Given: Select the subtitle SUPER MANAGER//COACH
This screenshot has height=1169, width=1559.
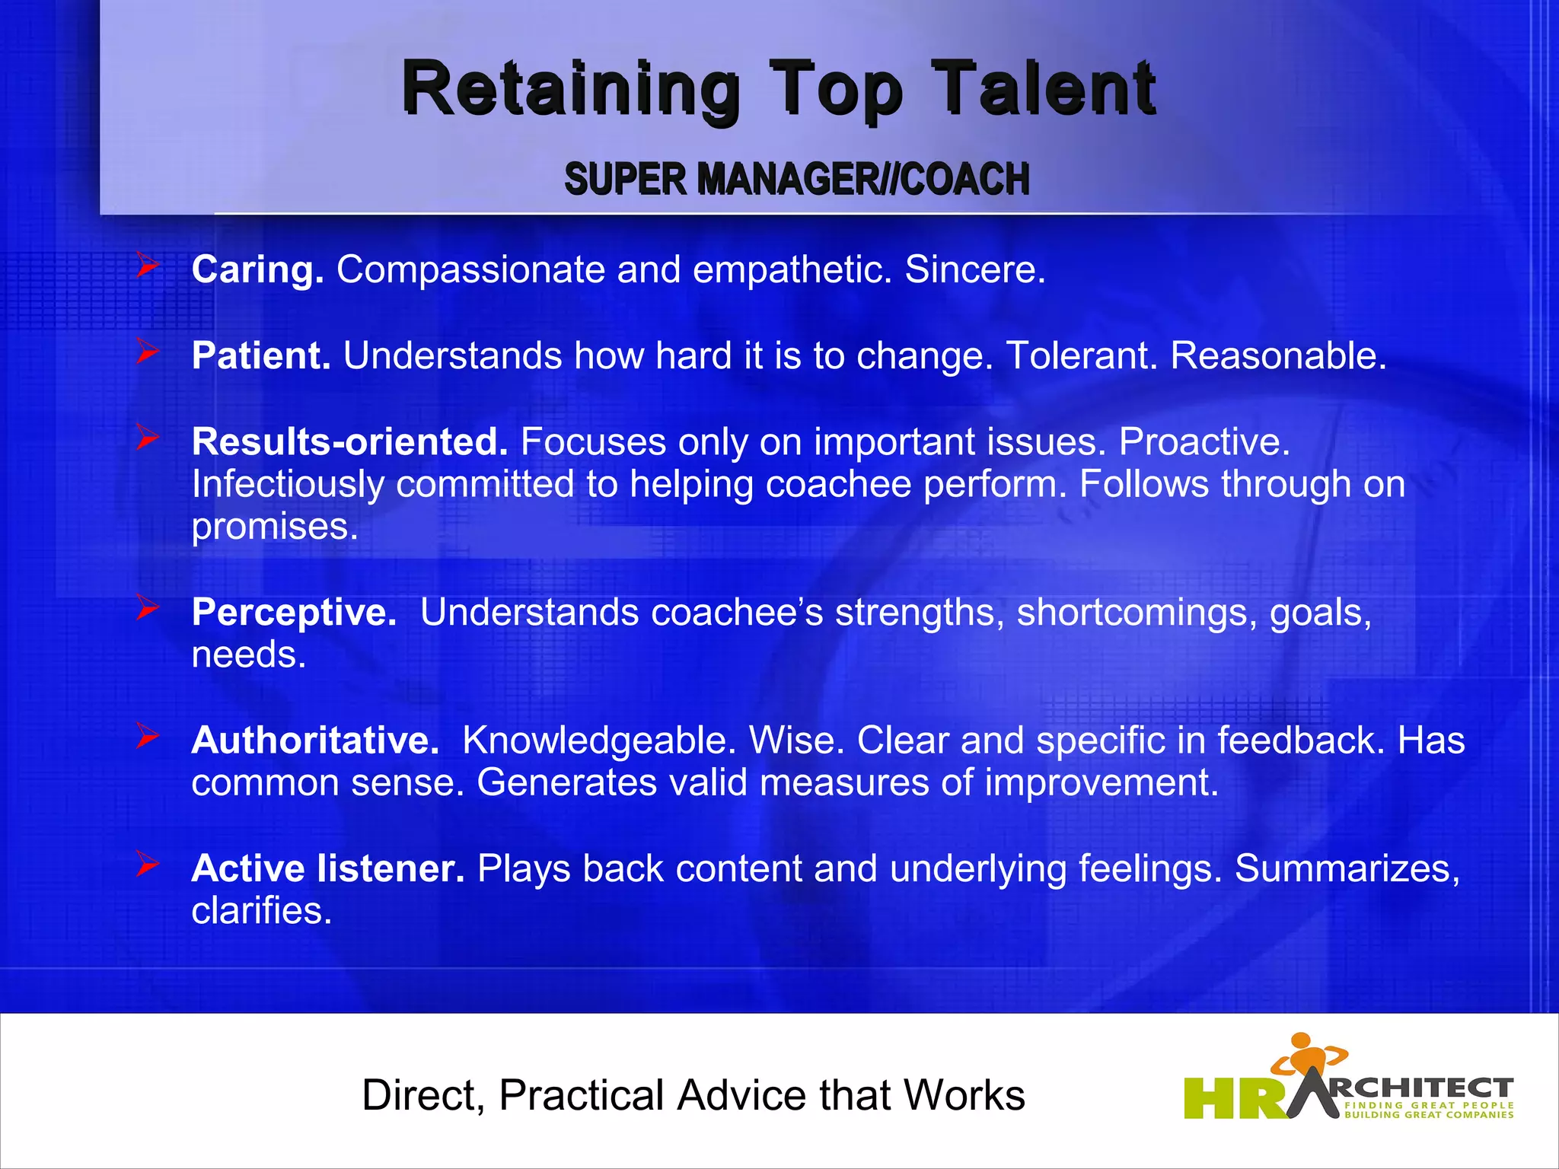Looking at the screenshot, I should point(796,179).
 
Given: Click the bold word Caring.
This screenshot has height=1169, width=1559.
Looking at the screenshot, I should point(257,269).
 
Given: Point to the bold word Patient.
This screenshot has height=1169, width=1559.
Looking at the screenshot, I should point(260,355).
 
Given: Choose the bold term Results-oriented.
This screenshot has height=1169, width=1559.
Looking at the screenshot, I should point(349,441).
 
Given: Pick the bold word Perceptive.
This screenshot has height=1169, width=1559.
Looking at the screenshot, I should point(294,612).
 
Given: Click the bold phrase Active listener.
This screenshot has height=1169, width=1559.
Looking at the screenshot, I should point(327,868).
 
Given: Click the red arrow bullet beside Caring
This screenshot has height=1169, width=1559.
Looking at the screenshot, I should point(147,266).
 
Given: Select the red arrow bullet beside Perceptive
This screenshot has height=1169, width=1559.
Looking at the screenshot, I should point(147,607).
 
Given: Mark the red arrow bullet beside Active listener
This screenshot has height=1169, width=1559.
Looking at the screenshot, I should point(147,864).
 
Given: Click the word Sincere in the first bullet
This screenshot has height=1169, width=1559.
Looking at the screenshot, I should point(974,269).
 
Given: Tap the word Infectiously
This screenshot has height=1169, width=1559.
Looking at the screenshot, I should point(288,484).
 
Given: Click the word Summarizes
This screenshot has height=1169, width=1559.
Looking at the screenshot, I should point(1347,868).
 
